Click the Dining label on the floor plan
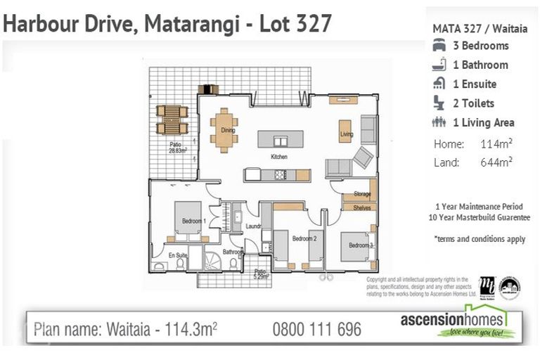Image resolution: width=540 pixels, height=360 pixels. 228,130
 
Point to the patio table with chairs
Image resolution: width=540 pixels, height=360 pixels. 172,120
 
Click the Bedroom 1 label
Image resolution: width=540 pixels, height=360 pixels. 193,221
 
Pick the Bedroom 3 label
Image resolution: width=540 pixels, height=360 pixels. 360,245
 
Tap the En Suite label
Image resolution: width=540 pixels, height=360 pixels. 176,255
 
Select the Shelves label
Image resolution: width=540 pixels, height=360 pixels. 362,207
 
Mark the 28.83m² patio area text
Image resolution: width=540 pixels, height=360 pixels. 177,150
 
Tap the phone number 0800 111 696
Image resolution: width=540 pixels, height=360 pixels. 316,329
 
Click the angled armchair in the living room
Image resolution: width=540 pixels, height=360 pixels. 363,157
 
